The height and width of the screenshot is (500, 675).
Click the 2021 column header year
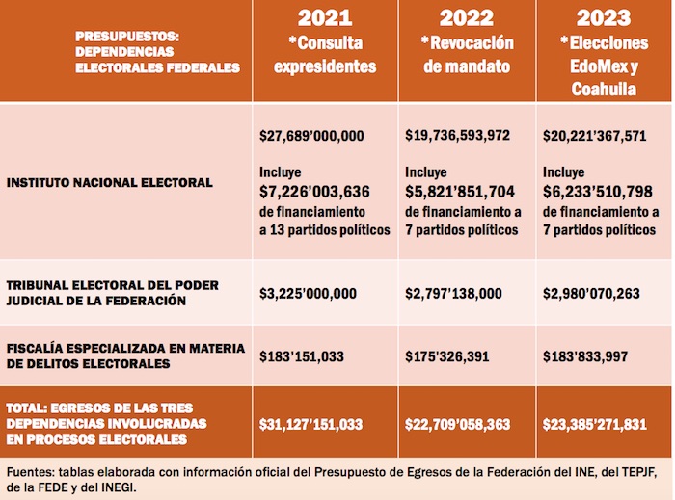[x=325, y=18]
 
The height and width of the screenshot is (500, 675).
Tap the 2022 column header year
[x=467, y=18]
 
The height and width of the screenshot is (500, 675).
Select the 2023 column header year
[x=604, y=18]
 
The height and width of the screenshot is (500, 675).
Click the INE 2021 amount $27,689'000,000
[x=311, y=136]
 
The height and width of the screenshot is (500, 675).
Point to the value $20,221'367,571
[x=595, y=136]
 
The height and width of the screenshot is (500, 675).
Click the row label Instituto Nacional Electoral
[x=109, y=180]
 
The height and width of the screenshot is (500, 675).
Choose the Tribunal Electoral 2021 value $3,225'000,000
[x=308, y=293]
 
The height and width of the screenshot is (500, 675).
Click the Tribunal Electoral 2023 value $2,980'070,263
[x=591, y=293]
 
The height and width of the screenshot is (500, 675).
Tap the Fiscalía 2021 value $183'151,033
[x=302, y=355]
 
